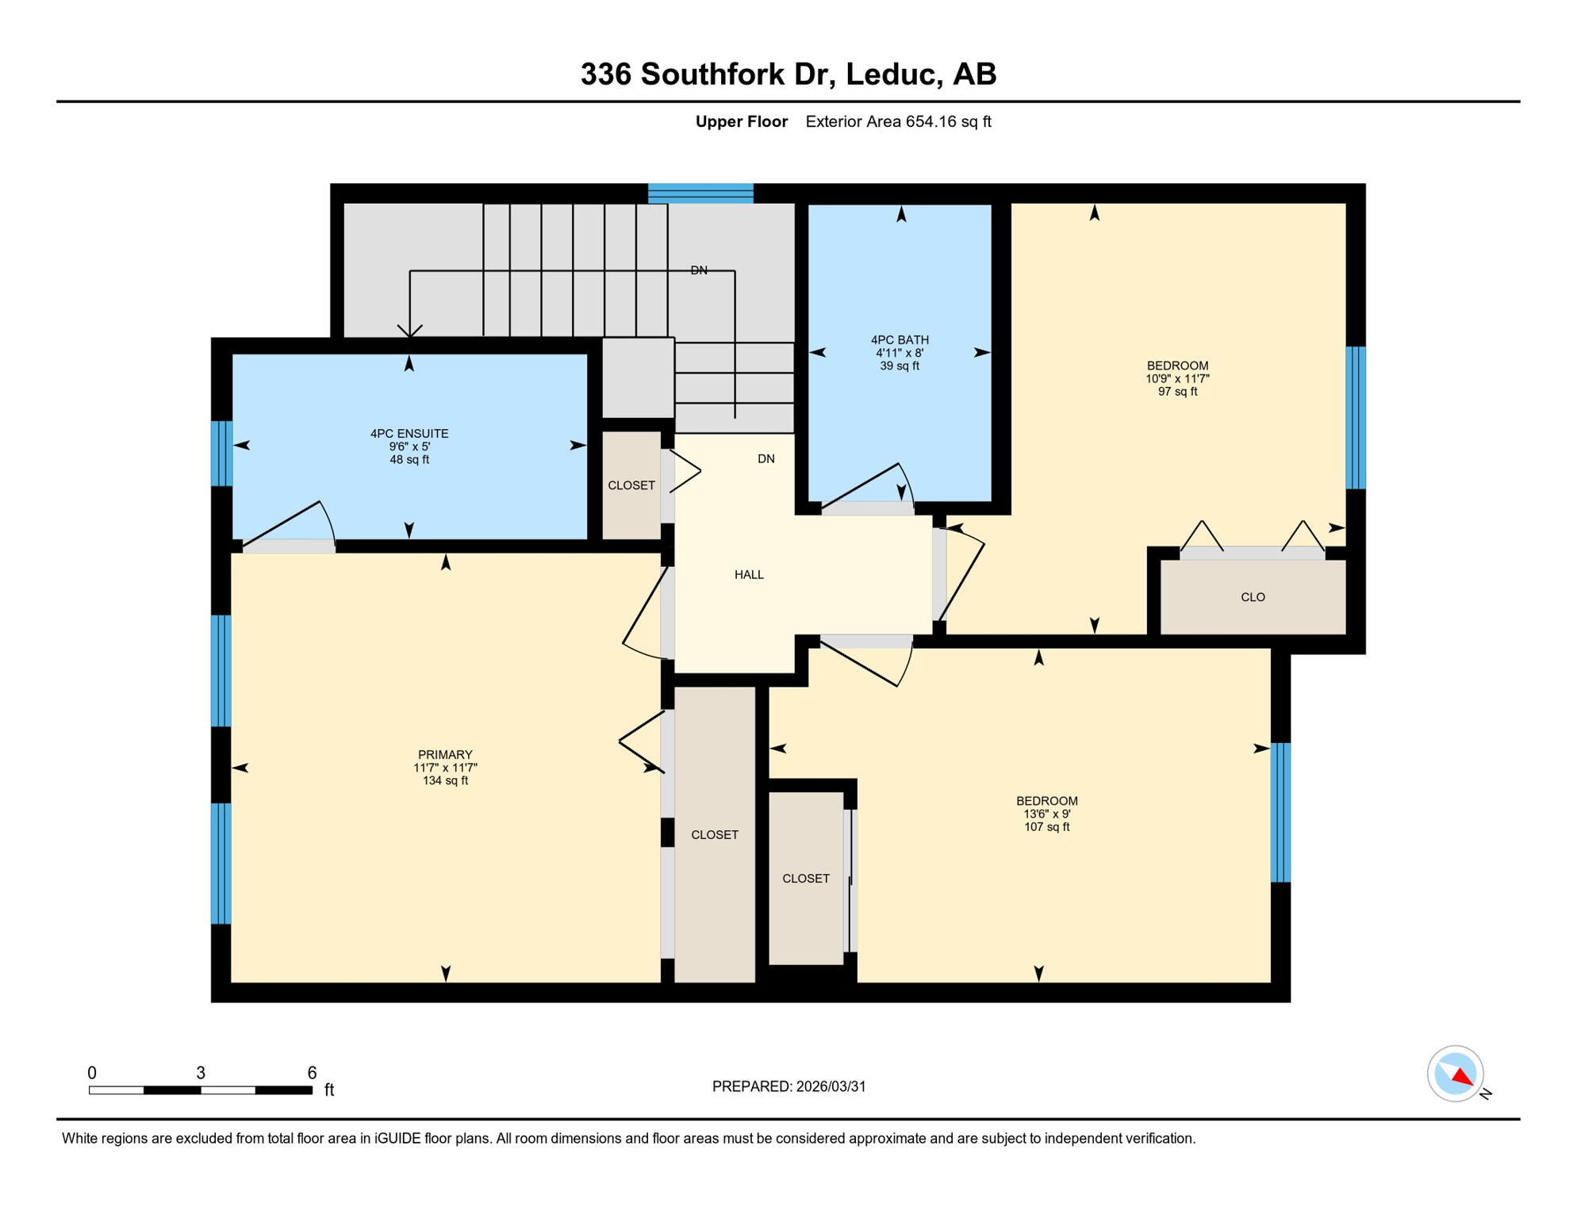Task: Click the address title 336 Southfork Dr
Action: (x=708, y=75)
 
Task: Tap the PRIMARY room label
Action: (x=445, y=755)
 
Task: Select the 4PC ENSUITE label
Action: (x=409, y=434)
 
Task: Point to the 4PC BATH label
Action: (x=900, y=340)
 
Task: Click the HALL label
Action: (x=749, y=575)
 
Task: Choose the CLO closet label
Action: (x=1253, y=597)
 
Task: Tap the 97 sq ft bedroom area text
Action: (x=1177, y=392)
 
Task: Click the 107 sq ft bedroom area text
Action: (x=1046, y=827)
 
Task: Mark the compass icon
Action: (x=1456, y=1074)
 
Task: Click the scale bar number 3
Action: (x=201, y=1073)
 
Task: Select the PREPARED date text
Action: (x=788, y=1086)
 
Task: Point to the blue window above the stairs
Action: (x=700, y=193)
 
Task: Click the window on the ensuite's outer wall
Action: (x=221, y=454)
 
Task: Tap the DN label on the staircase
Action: (x=699, y=270)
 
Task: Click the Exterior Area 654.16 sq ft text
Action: (x=898, y=121)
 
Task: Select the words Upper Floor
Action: (x=741, y=121)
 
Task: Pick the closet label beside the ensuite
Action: (x=631, y=485)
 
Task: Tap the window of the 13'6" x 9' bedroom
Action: (x=1280, y=813)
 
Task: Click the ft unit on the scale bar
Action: (x=329, y=1090)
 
